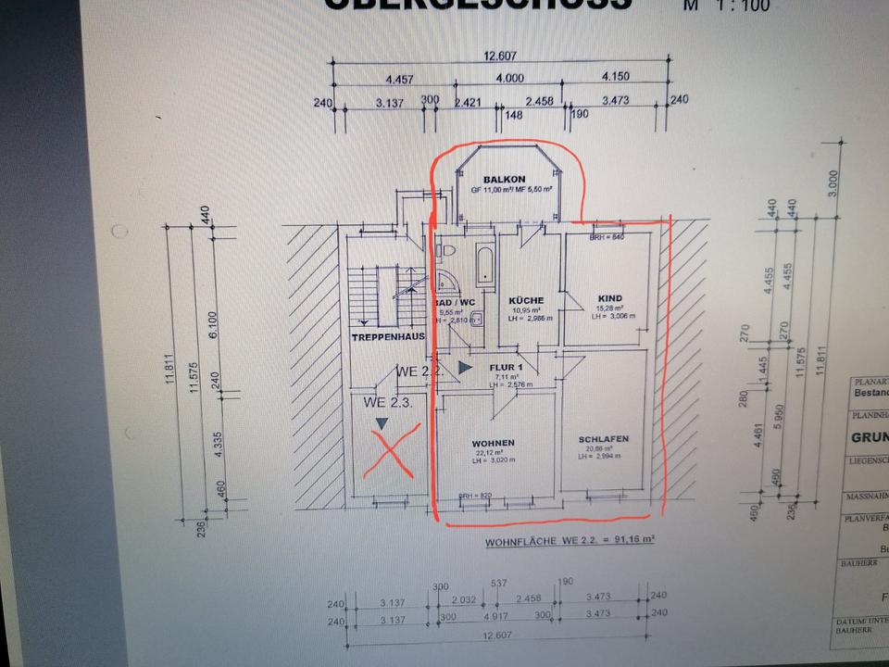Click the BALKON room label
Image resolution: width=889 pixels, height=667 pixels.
pyautogui.click(x=504, y=179)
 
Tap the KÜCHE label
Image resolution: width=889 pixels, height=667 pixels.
pyautogui.click(x=525, y=300)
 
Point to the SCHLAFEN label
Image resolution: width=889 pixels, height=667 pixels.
pyautogui.click(x=604, y=439)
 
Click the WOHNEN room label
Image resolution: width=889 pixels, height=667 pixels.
pyautogui.click(x=493, y=442)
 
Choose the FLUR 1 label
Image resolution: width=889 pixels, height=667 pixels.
pyautogui.click(x=507, y=367)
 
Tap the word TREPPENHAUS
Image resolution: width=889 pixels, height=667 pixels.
pyautogui.click(x=387, y=337)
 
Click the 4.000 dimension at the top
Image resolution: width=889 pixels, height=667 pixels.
pyautogui.click(x=508, y=78)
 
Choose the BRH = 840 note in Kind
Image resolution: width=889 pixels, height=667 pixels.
pyautogui.click(x=607, y=237)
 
